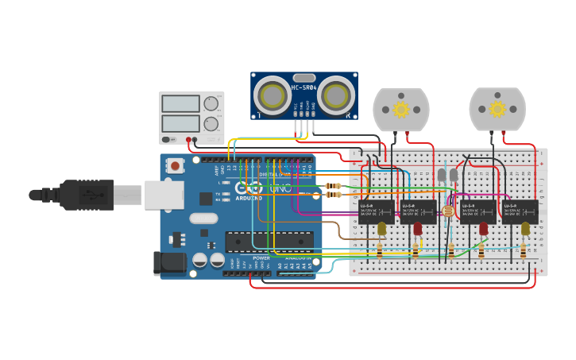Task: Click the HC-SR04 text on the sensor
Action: click(x=304, y=87)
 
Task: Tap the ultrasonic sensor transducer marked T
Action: click(x=273, y=95)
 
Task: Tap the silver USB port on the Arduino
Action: click(x=163, y=195)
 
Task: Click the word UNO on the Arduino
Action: click(x=281, y=188)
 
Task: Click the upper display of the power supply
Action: click(x=180, y=103)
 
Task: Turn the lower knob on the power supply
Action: click(x=211, y=123)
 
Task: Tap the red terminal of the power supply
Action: click(x=189, y=141)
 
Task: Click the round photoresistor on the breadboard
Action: click(x=447, y=211)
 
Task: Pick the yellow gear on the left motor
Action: click(x=401, y=109)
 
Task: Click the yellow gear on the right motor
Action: click(x=497, y=109)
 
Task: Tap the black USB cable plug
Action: click(x=87, y=195)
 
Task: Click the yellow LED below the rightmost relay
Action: click(x=525, y=229)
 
